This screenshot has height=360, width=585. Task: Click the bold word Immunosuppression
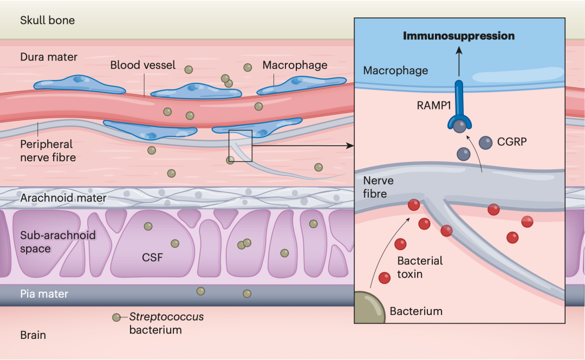(458, 36)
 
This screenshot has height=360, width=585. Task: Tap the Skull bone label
(47, 21)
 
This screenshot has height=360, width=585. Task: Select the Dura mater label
(49, 57)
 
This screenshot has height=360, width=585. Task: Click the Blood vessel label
(143, 66)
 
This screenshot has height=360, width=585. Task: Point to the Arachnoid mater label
(63, 198)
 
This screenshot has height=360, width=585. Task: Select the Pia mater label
(44, 294)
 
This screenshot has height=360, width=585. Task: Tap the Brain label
(33, 335)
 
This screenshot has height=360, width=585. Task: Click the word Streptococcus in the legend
(166, 317)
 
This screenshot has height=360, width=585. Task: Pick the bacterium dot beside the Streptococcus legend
(116, 317)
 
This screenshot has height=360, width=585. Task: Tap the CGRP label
(511, 143)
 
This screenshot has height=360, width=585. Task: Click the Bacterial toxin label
(420, 267)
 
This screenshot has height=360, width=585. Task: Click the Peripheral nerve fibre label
(48, 152)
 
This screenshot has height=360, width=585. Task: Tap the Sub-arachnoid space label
(58, 242)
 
